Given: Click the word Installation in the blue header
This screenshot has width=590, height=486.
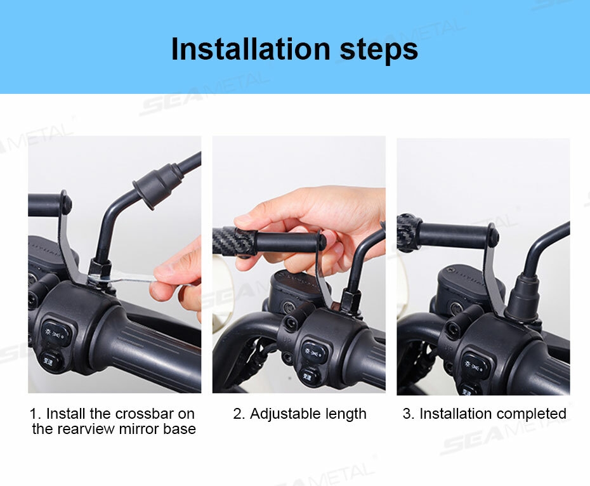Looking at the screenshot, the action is point(251,49).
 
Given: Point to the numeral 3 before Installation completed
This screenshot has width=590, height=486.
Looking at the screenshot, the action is point(407,414).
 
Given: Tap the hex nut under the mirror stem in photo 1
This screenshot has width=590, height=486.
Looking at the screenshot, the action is point(100,268).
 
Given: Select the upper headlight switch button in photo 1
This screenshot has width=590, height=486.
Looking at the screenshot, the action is point(56,334).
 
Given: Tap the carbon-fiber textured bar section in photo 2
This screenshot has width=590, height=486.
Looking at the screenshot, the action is point(225,240).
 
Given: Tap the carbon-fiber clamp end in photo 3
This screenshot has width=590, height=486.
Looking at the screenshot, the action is point(409,232).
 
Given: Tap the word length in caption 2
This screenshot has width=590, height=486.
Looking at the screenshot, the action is point(345,414).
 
